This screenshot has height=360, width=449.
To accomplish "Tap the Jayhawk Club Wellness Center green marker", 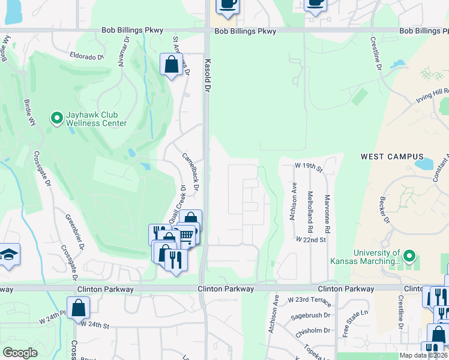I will tap(57, 118).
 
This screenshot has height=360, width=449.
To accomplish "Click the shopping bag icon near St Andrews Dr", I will tap(172, 64).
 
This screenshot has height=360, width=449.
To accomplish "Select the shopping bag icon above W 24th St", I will tap(79, 309).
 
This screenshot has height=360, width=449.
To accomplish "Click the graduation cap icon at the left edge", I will tap(8, 254).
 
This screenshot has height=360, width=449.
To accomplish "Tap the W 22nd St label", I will tap(310, 239).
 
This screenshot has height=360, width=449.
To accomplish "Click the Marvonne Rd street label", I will tap(327, 212).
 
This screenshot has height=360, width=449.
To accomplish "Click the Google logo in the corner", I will tap(20, 352).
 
